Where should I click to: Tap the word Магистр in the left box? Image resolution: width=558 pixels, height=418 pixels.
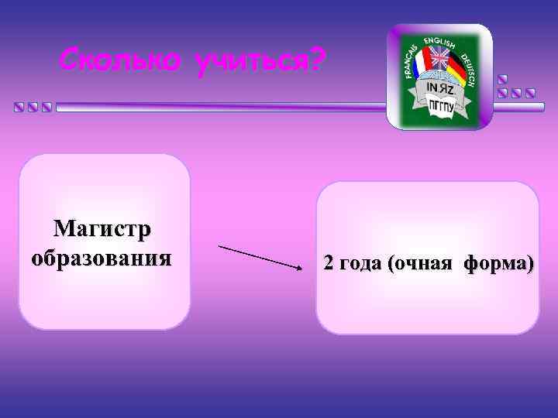pos(102,230)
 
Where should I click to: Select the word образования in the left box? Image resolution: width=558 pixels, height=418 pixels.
pos(102,256)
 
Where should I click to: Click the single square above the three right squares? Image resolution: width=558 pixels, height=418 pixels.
pos(503,79)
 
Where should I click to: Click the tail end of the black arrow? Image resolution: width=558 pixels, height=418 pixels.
pos(221,246)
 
